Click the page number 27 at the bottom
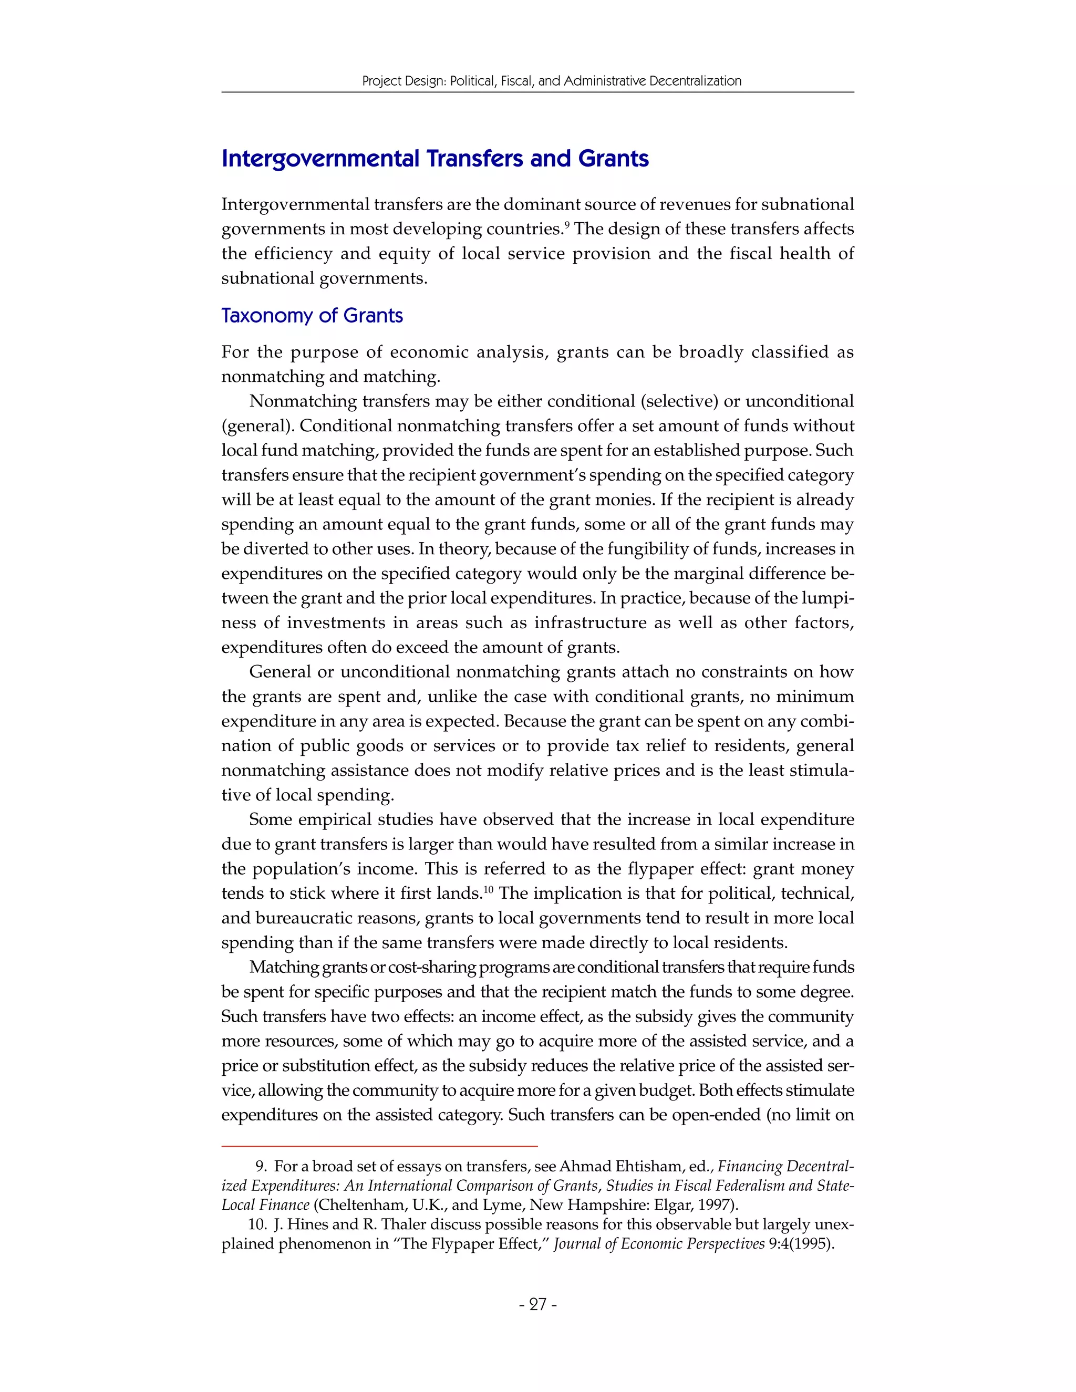(538, 1305)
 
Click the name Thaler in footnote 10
(403, 1224)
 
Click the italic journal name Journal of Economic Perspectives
(659, 1243)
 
